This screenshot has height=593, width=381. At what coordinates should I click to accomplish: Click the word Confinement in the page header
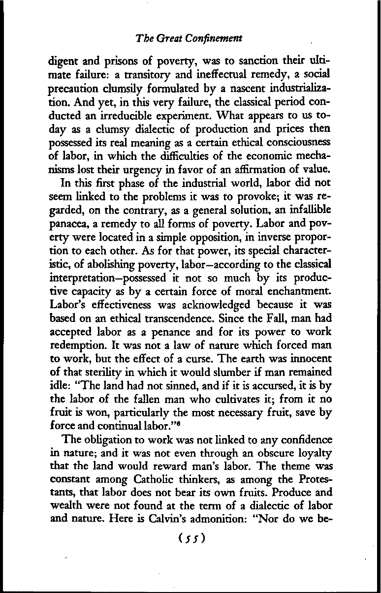[x=217, y=38]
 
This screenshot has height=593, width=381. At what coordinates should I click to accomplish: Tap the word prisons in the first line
[x=107, y=62]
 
